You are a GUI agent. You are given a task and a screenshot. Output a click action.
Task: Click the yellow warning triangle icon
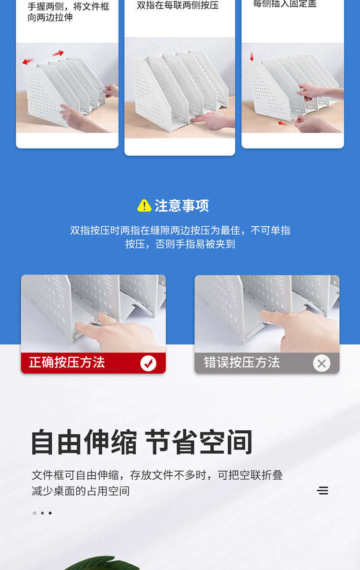(x=144, y=206)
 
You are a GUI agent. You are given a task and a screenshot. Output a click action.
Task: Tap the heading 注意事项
(x=181, y=206)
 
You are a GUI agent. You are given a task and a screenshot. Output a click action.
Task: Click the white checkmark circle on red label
(x=148, y=363)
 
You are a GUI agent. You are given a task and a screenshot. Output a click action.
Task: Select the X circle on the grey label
(x=322, y=364)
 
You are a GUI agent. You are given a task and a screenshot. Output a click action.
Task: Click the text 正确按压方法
(x=67, y=362)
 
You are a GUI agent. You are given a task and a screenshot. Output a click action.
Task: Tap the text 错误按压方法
(x=241, y=362)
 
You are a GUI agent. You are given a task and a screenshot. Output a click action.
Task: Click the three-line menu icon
(x=323, y=490)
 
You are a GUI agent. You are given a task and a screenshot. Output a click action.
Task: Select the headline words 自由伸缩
(x=84, y=442)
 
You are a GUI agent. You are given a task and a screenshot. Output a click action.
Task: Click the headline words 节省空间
(x=199, y=442)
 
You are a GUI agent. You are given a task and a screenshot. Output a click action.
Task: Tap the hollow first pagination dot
(x=35, y=513)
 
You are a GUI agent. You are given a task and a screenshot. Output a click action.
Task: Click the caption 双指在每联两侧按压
(x=178, y=5)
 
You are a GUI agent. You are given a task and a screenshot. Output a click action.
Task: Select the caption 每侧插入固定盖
(x=285, y=4)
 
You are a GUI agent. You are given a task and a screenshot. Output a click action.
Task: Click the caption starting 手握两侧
(x=68, y=12)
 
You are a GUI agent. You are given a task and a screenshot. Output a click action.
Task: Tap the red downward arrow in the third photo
(x=252, y=57)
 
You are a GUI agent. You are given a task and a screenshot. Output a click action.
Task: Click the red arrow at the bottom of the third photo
(x=282, y=123)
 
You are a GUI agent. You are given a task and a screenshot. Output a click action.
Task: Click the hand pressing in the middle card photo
(x=211, y=118)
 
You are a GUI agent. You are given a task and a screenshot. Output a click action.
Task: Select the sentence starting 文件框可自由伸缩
(x=157, y=483)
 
